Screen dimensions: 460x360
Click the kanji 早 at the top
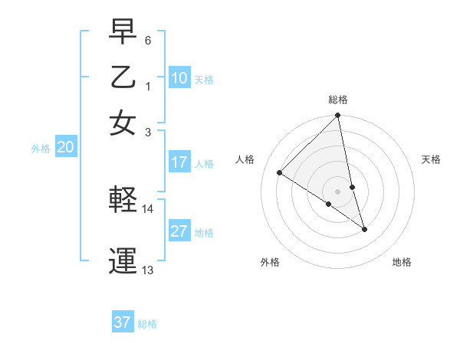point(123,31)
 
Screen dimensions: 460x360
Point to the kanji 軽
point(123,200)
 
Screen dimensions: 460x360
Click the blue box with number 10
point(179,78)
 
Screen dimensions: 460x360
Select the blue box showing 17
point(179,162)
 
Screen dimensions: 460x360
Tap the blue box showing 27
point(179,231)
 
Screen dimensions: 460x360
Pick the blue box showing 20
point(65,148)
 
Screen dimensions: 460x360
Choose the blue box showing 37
point(122,322)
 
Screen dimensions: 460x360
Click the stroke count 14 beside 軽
point(148,208)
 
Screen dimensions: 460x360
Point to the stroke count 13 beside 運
point(148,270)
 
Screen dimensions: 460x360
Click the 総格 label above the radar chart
point(338,100)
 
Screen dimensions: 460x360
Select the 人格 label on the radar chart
point(245,159)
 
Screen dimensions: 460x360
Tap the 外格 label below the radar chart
point(270,262)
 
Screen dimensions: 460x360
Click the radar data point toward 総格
point(338,116)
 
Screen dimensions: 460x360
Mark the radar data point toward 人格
point(280,173)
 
